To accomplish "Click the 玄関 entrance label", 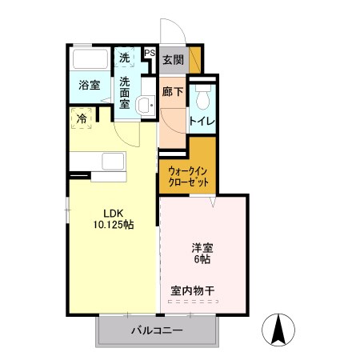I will tap(172, 60).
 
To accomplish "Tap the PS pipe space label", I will tap(150, 54).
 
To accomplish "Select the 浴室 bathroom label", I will tap(89, 86).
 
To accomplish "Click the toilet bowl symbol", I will tap(202, 98).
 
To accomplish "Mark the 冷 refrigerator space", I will tap(82, 119).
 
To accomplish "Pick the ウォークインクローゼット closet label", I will tap(190, 176).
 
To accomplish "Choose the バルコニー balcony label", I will tap(158, 330).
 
